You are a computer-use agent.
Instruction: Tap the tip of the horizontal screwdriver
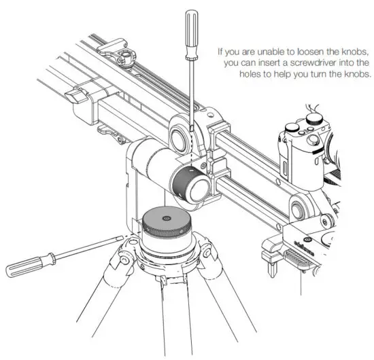pos(122,237)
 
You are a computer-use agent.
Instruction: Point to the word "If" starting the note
pos(220,51)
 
